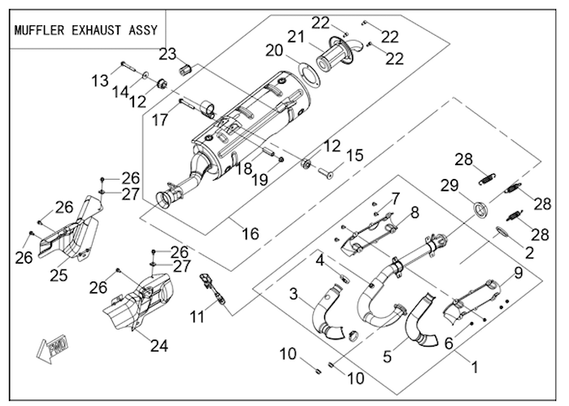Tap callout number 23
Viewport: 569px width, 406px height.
[x=167, y=55]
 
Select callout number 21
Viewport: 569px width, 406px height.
[x=293, y=36]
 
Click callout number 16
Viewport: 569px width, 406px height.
[x=250, y=234]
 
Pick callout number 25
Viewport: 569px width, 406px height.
[x=58, y=275]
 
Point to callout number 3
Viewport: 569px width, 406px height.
[x=293, y=292]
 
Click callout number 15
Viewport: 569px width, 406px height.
[x=355, y=155]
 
